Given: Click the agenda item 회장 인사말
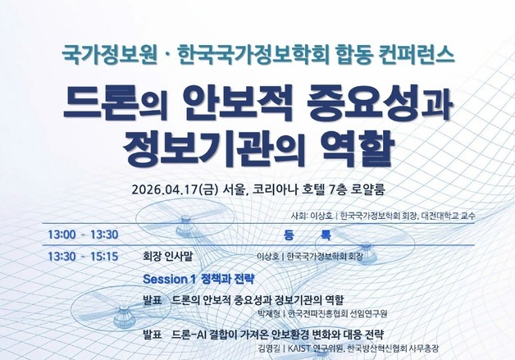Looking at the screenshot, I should (x=171, y=256).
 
